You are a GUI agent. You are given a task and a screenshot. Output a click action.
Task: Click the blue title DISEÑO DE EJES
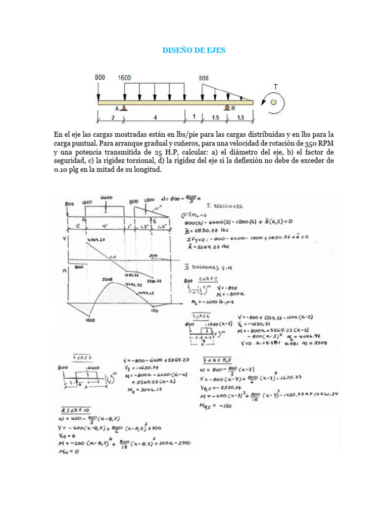(x=193, y=50)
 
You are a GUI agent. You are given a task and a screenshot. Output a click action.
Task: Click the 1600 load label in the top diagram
(x=124, y=78)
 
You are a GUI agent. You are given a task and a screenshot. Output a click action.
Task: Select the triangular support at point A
(x=124, y=108)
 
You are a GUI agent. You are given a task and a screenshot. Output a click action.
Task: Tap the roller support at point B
(x=227, y=108)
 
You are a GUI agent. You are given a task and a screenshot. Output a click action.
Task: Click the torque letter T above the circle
(x=275, y=87)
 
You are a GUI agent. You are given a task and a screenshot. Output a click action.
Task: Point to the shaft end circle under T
(x=273, y=102)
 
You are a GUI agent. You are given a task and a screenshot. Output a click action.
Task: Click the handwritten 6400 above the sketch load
(x=106, y=198)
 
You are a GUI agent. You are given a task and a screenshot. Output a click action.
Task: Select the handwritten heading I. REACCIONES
(x=224, y=206)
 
